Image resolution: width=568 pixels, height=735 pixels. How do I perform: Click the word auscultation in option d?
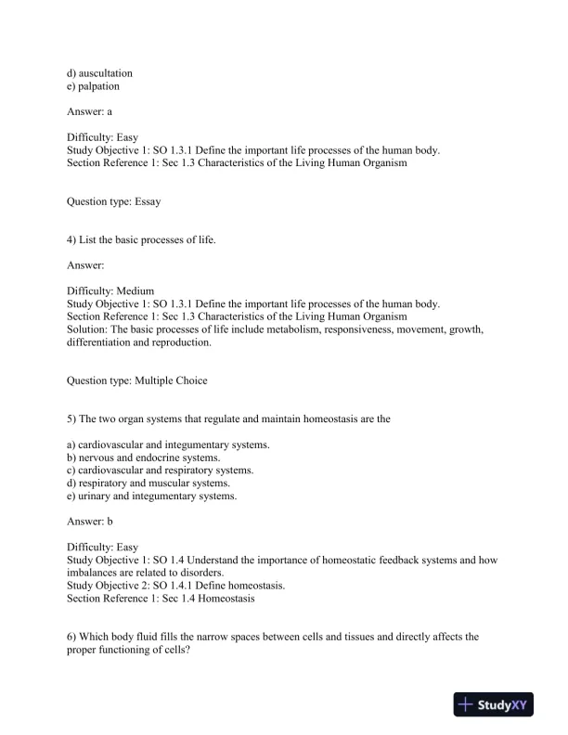click(x=106, y=72)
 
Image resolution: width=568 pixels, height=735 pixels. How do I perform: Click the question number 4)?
click(x=72, y=240)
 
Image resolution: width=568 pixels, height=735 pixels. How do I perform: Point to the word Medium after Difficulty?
click(x=136, y=290)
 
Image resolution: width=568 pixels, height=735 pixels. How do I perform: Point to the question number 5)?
click(x=72, y=419)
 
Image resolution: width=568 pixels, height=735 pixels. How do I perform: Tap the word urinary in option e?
click(x=95, y=496)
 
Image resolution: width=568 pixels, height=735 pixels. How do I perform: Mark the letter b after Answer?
click(x=110, y=522)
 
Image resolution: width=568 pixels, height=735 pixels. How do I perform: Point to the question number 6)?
click(x=72, y=637)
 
